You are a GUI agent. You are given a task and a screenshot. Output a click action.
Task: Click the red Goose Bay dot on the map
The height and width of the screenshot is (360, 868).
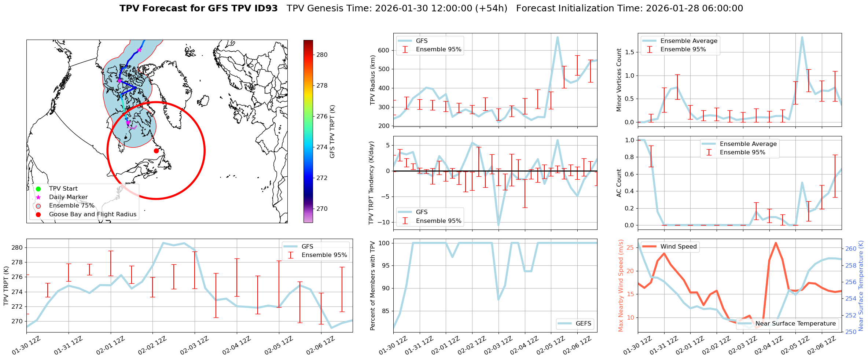click(156, 151)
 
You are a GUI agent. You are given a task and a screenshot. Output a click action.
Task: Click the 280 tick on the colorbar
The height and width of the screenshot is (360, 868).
click(322, 55)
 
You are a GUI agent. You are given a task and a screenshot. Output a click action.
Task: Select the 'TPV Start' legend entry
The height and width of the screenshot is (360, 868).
click(63, 189)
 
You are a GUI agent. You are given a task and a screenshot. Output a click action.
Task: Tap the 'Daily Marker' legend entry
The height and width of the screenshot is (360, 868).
click(68, 197)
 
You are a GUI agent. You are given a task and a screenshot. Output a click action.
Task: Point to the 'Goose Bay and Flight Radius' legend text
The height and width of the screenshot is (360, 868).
click(92, 214)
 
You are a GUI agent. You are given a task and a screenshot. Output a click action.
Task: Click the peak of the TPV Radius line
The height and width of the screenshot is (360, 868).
click(558, 37)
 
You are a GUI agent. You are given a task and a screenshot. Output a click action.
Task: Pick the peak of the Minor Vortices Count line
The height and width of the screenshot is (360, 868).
click(802, 37)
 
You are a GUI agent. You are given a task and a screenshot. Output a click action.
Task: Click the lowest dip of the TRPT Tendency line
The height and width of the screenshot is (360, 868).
click(499, 225)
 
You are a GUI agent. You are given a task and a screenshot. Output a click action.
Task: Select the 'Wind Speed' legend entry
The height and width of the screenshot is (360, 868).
click(678, 247)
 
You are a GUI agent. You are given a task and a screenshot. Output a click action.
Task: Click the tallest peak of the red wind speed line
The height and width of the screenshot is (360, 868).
click(776, 243)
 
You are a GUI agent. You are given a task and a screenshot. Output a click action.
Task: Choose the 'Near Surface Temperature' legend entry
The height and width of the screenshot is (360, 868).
click(795, 324)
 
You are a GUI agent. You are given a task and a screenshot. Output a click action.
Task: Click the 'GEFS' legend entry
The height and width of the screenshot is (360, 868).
click(583, 324)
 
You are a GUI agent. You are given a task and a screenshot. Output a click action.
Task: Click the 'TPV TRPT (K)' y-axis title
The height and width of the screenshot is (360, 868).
click(6, 286)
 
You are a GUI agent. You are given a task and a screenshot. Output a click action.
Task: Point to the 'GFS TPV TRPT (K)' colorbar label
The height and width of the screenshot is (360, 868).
click(332, 132)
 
